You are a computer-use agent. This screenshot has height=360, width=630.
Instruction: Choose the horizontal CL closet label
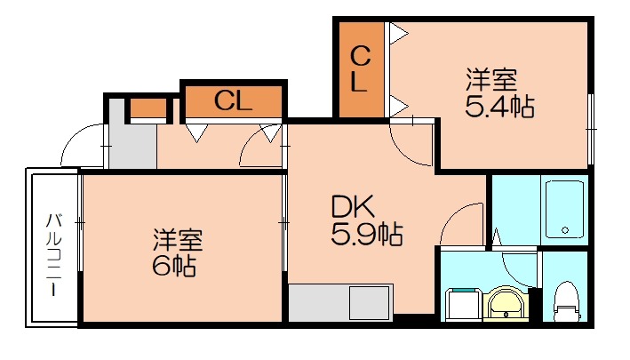pos(233,101)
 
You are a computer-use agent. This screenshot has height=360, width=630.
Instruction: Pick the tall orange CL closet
pos(361,69)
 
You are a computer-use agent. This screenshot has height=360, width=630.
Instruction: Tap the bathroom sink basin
pos(506,304)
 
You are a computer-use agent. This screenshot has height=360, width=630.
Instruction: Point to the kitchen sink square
pos(370,303)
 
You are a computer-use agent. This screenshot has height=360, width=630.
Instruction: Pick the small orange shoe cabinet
pos(148,109)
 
